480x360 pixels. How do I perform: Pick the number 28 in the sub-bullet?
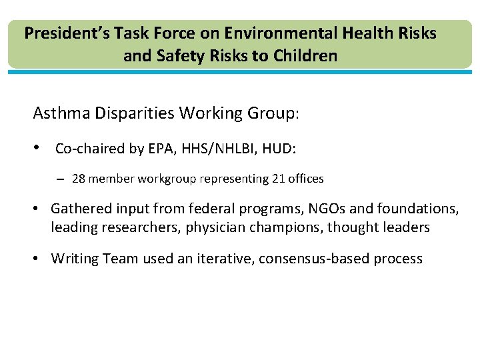78,179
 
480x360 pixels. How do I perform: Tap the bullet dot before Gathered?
37,209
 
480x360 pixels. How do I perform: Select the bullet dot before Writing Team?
37,258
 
